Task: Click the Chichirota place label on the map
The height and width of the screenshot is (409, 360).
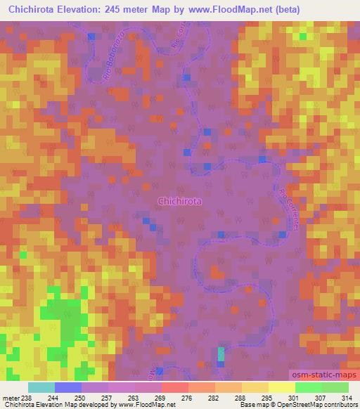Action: (180, 200)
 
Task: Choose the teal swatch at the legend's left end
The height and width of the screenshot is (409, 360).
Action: (41, 387)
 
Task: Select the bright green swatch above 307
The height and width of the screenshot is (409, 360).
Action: (308, 387)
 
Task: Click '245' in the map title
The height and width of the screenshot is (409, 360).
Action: (146, 10)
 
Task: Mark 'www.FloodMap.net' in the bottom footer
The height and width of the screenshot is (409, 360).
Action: (153, 405)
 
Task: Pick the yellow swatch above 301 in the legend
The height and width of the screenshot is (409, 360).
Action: (281, 387)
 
